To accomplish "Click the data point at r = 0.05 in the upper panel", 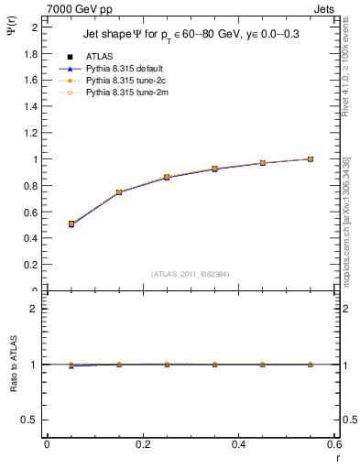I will (71, 224).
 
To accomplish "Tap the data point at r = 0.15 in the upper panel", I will (119, 192).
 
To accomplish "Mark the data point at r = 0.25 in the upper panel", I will (167, 177).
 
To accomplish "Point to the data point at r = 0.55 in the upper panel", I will (311, 158).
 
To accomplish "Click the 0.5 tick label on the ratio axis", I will (30, 420).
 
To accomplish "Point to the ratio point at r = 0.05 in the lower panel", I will (71, 365).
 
